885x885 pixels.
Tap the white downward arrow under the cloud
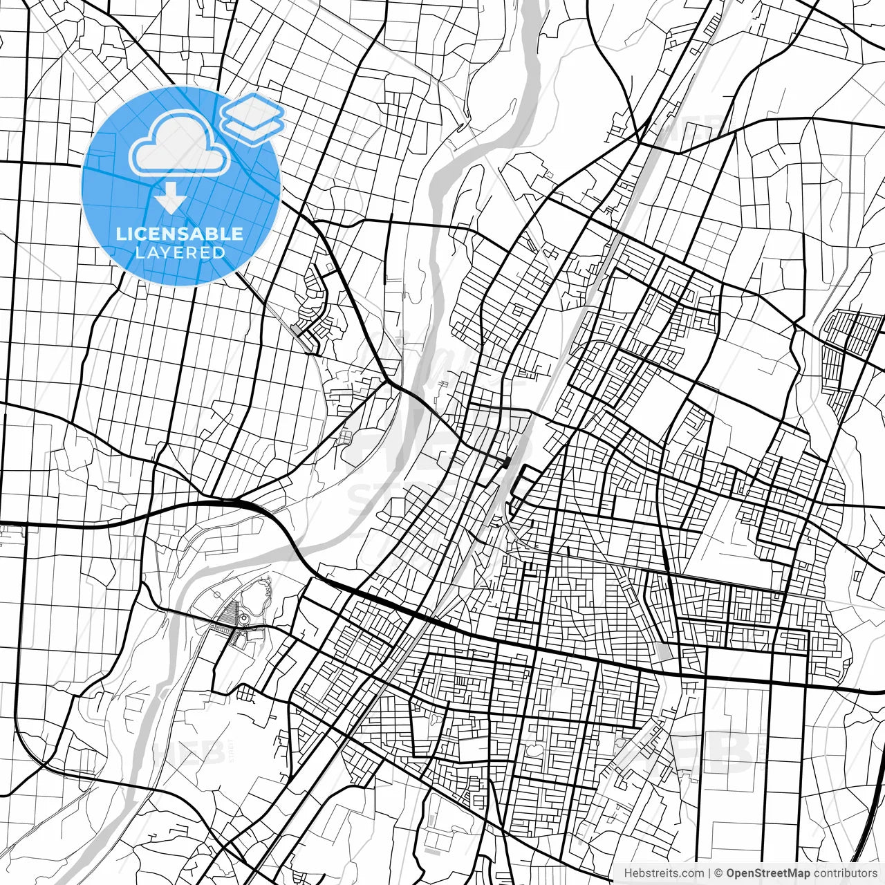click(170, 199)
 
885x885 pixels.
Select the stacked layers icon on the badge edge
click(253, 118)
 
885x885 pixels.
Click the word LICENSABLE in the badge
click(180, 234)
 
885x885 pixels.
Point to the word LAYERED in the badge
click(180, 252)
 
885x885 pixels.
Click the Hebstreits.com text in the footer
click(664, 873)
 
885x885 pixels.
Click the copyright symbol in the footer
click(718, 873)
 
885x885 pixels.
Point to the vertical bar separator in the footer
click(710, 873)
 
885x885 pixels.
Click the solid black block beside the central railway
click(507, 462)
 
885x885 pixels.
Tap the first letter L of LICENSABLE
click(120, 234)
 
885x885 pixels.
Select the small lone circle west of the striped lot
click(214, 595)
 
